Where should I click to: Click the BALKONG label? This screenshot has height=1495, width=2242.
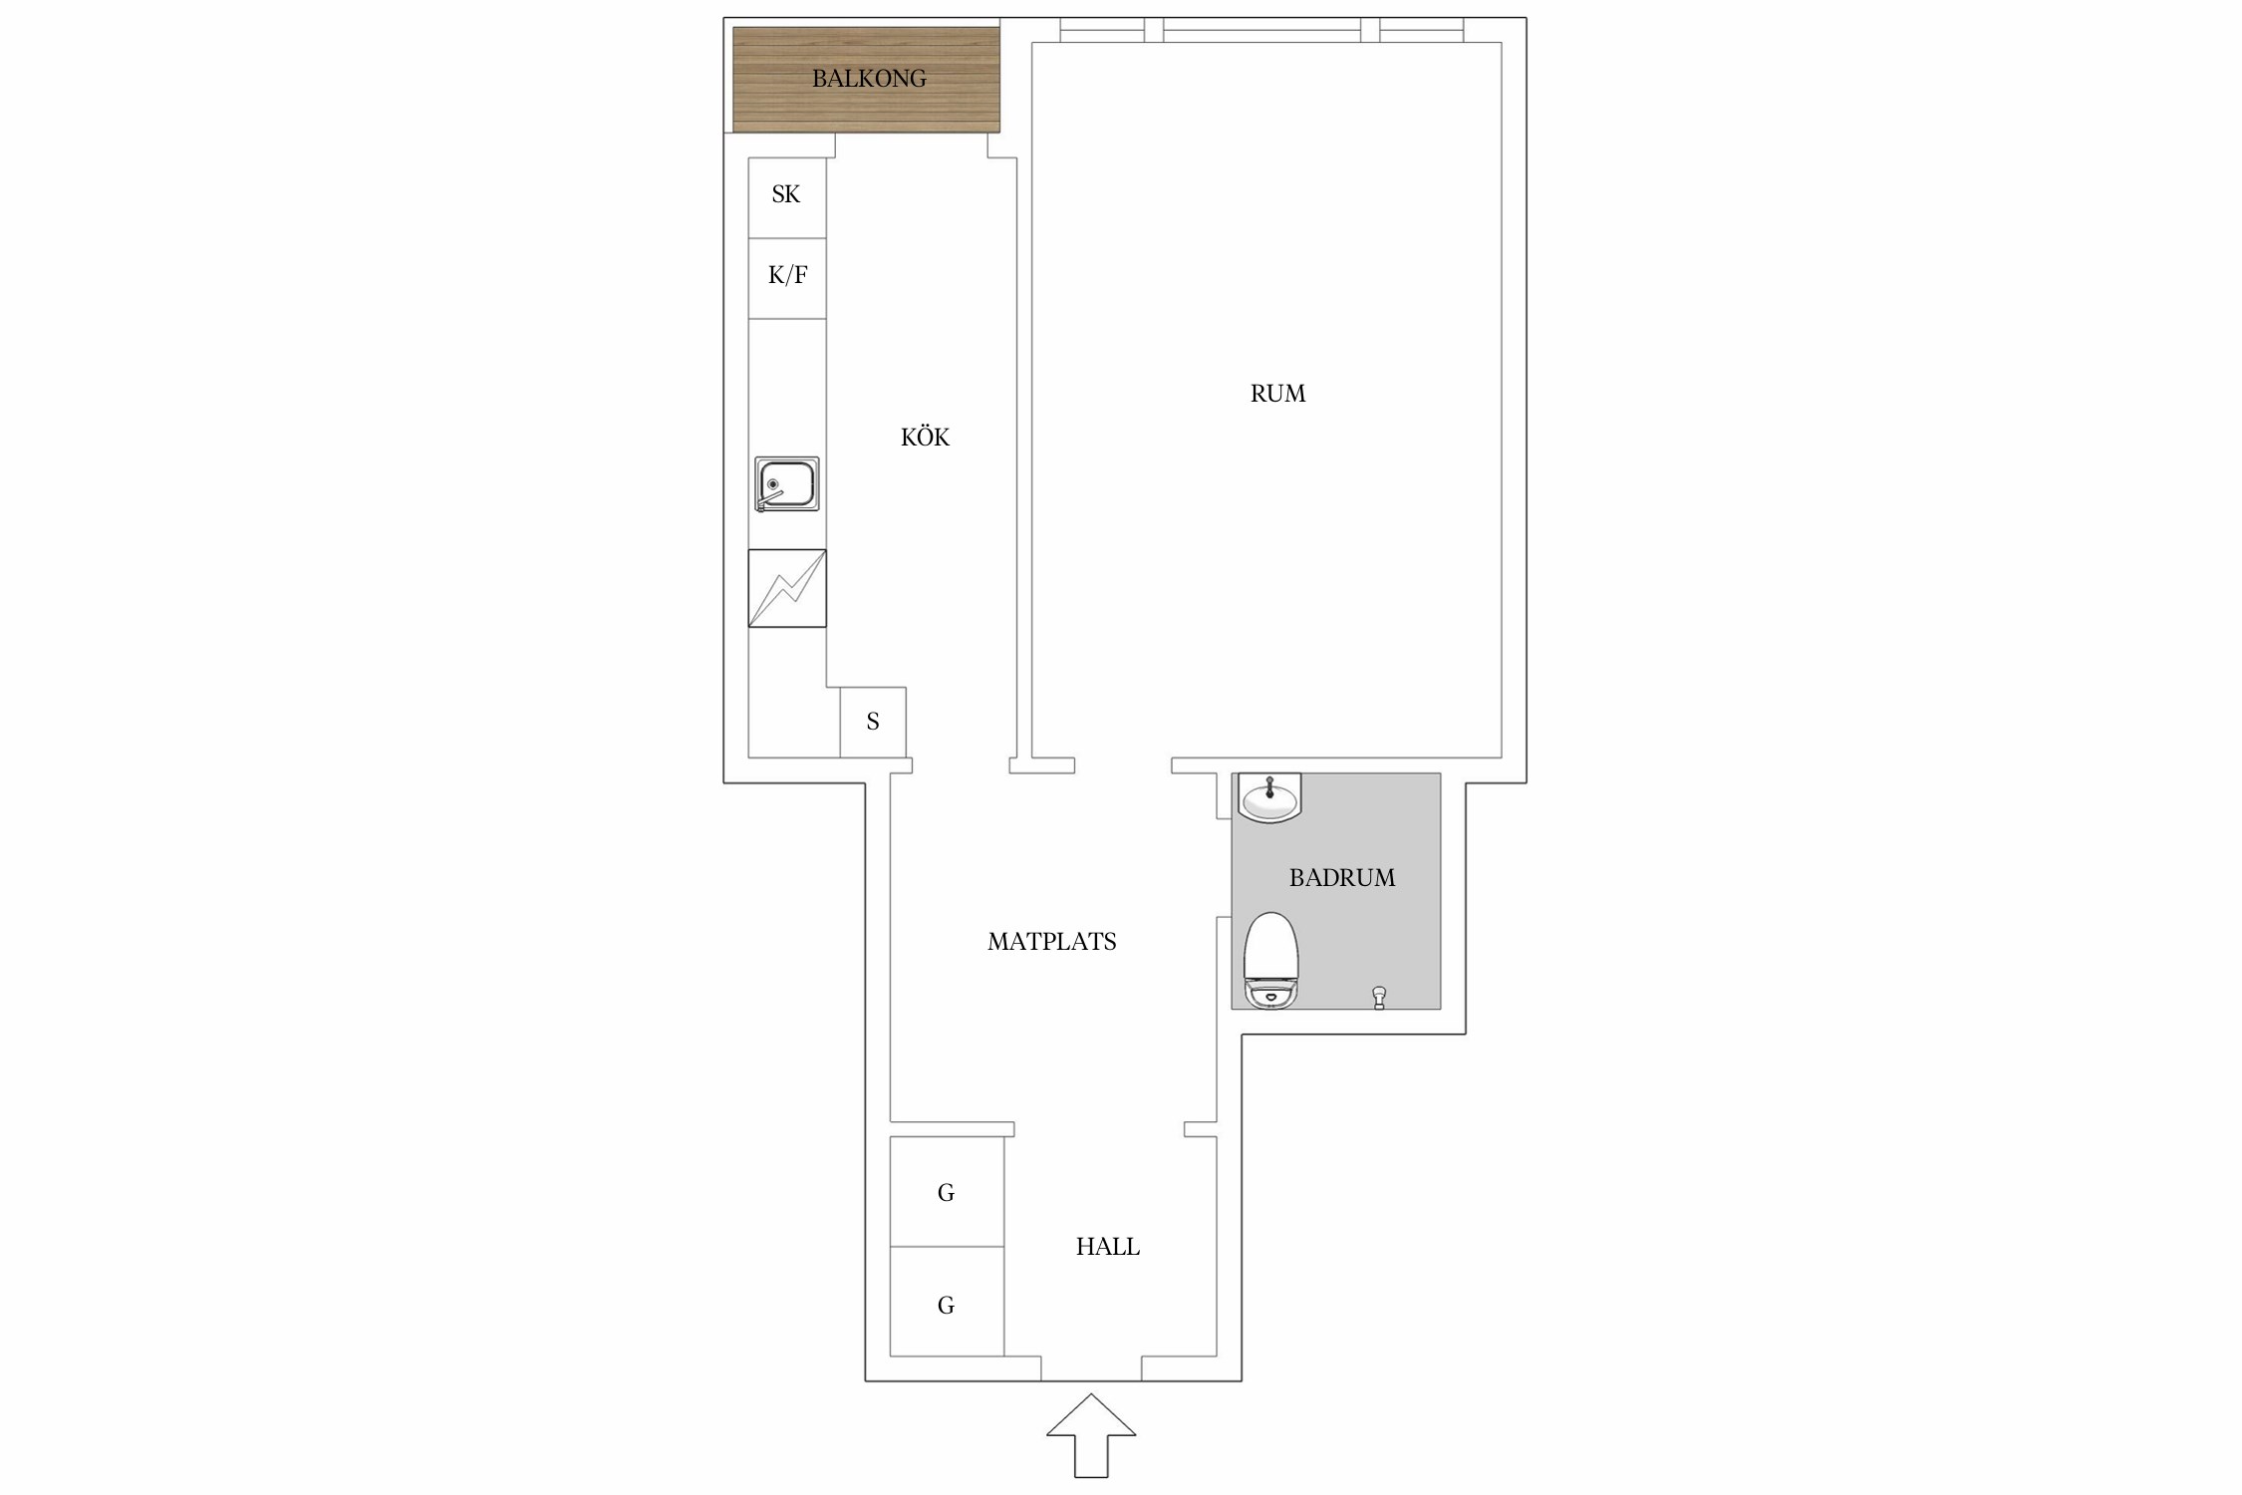pyautogui.click(x=869, y=79)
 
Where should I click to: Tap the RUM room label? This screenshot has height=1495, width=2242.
pyautogui.click(x=1277, y=394)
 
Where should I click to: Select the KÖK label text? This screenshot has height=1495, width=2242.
pyautogui.click(x=925, y=437)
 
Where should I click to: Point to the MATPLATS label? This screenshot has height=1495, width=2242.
pyautogui.click(x=1051, y=942)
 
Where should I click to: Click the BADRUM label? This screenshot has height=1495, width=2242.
pyautogui.click(x=1341, y=878)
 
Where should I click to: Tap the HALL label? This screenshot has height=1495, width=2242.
pyautogui.click(x=1107, y=1247)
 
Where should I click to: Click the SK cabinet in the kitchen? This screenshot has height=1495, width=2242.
pyautogui.click(x=787, y=197)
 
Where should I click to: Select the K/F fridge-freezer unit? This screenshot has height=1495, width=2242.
pyautogui.click(x=787, y=278)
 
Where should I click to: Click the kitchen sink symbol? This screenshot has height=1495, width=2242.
pyautogui.click(x=787, y=484)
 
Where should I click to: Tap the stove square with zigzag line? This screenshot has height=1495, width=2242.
pyautogui.click(x=787, y=588)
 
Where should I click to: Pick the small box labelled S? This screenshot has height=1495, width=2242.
pyautogui.click(x=873, y=722)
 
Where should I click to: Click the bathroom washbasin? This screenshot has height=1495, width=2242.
pyautogui.click(x=1269, y=797)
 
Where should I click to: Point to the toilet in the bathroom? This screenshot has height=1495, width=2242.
pyautogui.click(x=1271, y=961)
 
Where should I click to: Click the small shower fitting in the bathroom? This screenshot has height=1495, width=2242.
pyautogui.click(x=1379, y=997)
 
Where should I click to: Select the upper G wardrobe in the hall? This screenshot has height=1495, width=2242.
pyautogui.click(x=947, y=1191)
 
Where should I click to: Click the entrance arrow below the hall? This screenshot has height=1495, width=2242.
pyautogui.click(x=1091, y=1435)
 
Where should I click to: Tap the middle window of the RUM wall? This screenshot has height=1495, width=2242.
pyautogui.click(x=1261, y=30)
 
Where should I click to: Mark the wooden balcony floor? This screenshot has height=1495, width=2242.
pyautogui.click(x=866, y=79)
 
